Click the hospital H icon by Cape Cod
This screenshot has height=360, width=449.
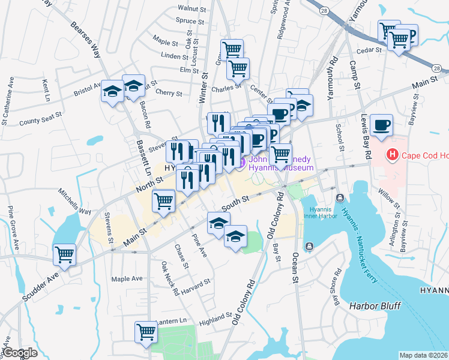[393, 155]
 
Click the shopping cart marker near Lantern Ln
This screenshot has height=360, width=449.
[146, 331]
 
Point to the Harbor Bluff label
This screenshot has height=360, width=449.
[375, 306]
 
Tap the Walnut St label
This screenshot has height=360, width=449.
[192, 8]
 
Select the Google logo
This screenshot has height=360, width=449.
[20, 353]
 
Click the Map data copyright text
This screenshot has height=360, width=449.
[423, 355]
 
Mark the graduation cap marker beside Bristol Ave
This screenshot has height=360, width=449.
[112, 92]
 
